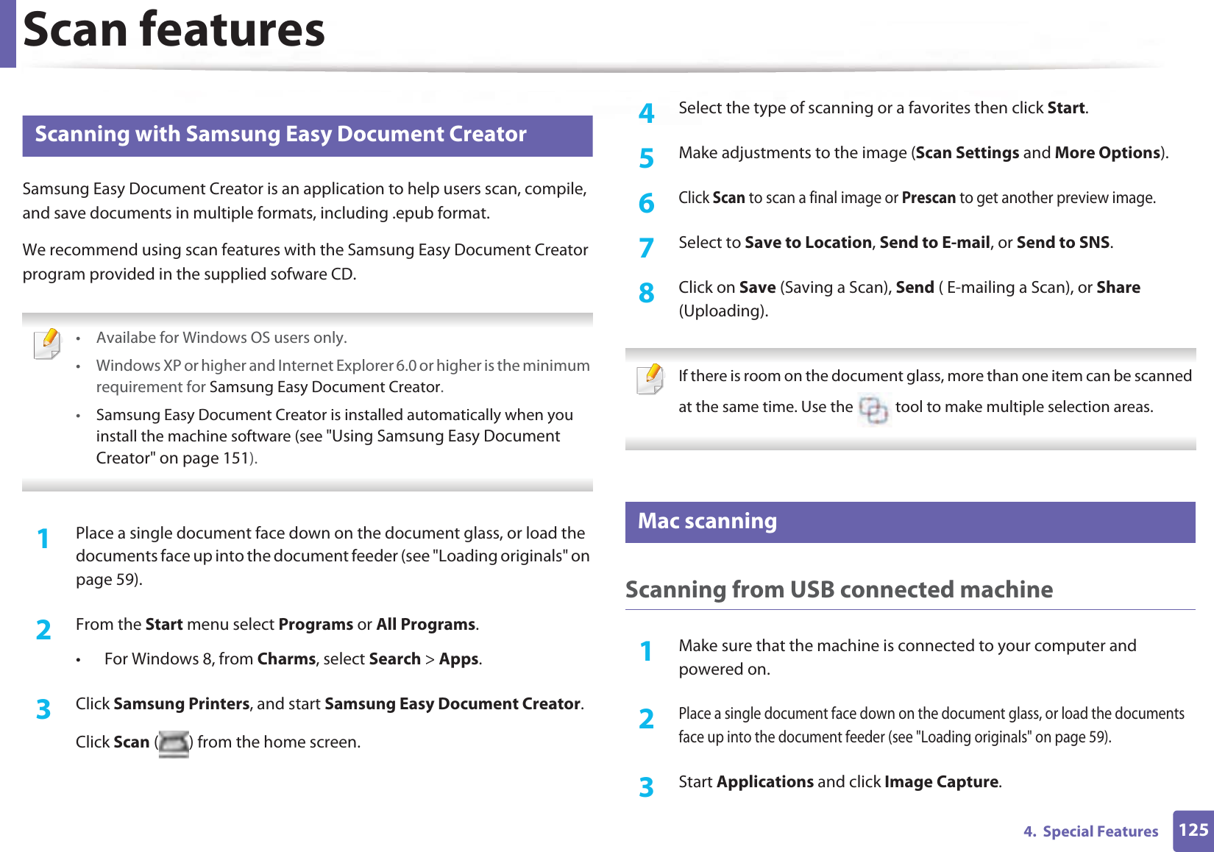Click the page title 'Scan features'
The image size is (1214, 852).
coord(174,31)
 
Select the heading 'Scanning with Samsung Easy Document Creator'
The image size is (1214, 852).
coord(280,135)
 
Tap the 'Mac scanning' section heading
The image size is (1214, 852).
coord(707,522)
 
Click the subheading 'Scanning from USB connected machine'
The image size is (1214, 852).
coord(839,589)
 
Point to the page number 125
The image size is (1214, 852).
coord(1193,831)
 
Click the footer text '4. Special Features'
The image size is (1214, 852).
coord(1090,831)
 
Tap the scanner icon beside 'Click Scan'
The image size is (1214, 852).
coord(174,744)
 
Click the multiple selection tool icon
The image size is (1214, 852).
coord(874,409)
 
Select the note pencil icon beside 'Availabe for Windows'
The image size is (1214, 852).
coord(48,344)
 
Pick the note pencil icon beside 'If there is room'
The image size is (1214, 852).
coord(650,379)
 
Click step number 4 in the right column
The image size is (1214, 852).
coord(646,113)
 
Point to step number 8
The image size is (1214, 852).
coord(646,293)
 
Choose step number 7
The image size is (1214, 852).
coord(646,247)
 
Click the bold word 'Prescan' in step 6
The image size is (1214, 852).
coord(928,198)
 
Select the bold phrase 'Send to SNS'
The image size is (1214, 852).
coord(1062,243)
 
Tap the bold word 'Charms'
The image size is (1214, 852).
coord(286,659)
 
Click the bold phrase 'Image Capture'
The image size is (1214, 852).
coord(941,782)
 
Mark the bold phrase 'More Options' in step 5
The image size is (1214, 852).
coord(1107,153)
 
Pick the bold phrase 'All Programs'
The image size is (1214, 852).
coord(425,625)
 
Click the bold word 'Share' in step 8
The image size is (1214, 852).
coord(1118,288)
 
